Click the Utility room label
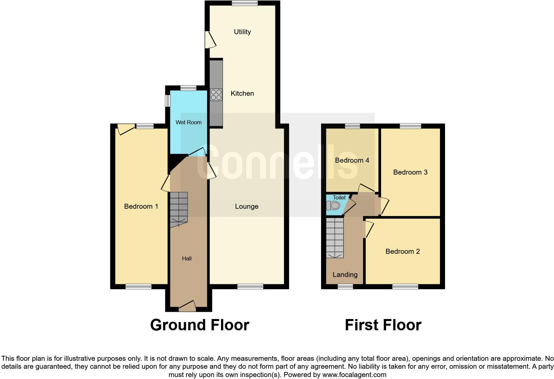242,32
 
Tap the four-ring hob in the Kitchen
216,94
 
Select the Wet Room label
189,122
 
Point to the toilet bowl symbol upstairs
333,206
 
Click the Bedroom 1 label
141,206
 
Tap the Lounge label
247,206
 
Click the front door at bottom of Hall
187,306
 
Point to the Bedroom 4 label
352,160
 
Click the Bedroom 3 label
410,172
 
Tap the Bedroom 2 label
403,251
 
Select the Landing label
345,275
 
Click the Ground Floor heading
199,325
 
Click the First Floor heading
383,325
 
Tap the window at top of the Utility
245,3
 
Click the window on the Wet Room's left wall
168,101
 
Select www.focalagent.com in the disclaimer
354,375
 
